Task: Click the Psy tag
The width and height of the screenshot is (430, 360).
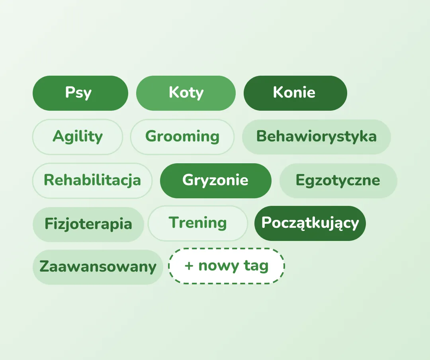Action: [80, 93]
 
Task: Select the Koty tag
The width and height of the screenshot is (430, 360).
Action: [186, 93]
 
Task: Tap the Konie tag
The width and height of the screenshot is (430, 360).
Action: [295, 93]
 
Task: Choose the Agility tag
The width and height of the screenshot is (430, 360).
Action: [78, 137]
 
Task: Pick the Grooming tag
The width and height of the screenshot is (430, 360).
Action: [182, 137]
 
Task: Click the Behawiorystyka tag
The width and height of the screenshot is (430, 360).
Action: [317, 137]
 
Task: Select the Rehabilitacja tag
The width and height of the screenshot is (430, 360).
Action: [92, 180]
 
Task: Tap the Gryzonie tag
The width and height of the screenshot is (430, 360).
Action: [215, 180]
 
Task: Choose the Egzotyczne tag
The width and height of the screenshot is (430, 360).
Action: [338, 180]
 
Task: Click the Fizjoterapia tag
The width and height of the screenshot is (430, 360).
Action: [88, 224]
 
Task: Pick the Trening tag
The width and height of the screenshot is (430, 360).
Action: [198, 223]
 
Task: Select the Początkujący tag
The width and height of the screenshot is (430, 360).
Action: [310, 223]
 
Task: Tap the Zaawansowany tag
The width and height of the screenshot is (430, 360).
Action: [98, 267]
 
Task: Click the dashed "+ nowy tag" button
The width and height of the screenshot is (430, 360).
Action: [227, 266]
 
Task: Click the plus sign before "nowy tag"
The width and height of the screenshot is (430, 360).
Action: [189, 266]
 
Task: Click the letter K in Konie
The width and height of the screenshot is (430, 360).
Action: [278, 92]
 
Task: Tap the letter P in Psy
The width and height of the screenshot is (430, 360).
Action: [70, 92]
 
